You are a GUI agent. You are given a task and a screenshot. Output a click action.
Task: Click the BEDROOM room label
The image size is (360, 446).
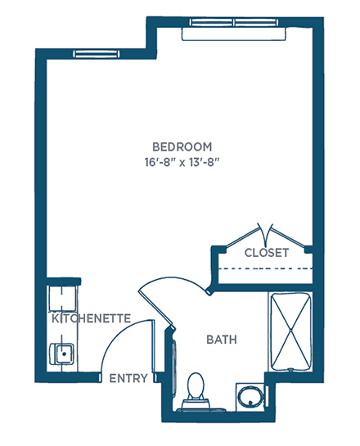[182, 147]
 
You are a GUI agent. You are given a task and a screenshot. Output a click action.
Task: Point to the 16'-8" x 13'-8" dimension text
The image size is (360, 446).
[182, 163]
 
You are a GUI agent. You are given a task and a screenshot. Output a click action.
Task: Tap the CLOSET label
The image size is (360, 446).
[267, 253]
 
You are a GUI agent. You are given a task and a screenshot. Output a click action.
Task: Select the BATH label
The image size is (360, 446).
[222, 340]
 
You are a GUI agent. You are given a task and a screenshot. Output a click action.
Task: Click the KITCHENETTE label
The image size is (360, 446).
[91, 318]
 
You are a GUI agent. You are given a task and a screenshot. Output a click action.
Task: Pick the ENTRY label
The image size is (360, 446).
[128, 378]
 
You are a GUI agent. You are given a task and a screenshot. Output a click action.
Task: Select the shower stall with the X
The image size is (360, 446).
[290, 331]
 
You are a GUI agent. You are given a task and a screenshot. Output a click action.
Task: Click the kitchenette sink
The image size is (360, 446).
[62, 354]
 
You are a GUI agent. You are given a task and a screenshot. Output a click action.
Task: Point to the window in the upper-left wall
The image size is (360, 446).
[96, 54]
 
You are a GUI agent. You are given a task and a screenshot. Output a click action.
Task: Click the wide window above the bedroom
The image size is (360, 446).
[234, 22]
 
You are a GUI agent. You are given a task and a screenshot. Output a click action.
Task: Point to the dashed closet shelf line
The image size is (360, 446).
[265, 268]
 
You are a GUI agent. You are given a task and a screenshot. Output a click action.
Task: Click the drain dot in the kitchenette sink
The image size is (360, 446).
[65, 354]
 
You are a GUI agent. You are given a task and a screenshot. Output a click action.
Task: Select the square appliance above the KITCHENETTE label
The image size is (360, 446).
[62, 298]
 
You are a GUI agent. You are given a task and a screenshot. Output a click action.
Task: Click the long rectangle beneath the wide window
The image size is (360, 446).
[234, 34]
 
